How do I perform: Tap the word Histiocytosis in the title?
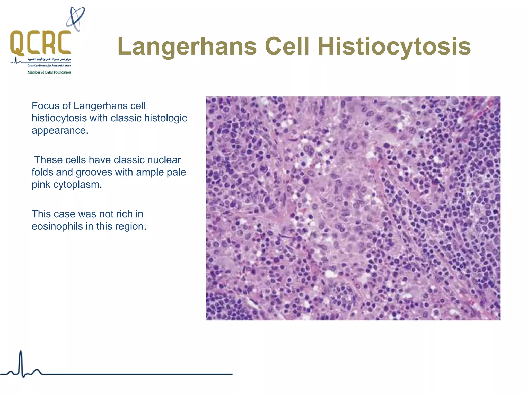click(394, 46)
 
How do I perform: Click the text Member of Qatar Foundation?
click(49, 72)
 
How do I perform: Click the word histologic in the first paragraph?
click(165, 118)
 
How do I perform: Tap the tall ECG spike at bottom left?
click(21, 363)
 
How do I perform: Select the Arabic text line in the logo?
click(49, 59)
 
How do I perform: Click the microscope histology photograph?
click(353, 208)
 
